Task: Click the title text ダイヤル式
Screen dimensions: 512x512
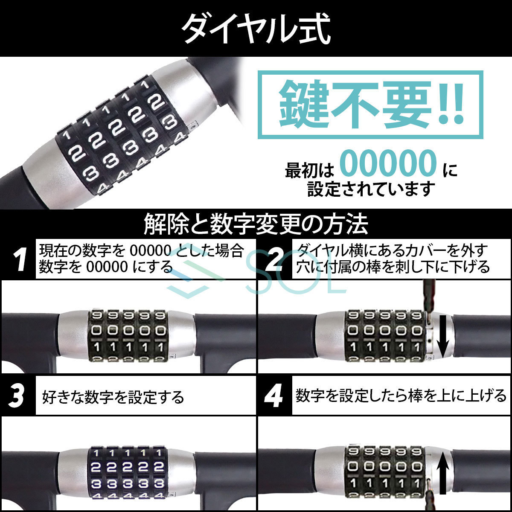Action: coord(256,28)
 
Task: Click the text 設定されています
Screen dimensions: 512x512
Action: coord(371,189)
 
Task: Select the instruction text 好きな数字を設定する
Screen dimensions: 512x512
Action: coord(113,397)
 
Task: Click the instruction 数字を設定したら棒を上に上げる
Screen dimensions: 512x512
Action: coord(401,396)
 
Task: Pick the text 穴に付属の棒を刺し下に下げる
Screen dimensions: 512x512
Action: coord(393,267)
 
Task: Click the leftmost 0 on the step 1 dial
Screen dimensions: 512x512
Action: coord(96,331)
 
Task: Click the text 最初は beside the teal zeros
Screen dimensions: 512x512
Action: coord(309,171)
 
